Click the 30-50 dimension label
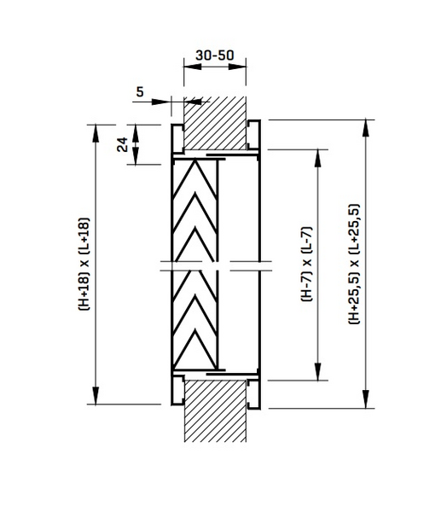214,55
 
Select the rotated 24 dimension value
123,144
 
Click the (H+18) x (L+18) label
84,265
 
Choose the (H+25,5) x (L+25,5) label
353,265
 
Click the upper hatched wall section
215,119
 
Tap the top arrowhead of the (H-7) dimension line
321,154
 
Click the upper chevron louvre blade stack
196,209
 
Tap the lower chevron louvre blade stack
196,320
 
